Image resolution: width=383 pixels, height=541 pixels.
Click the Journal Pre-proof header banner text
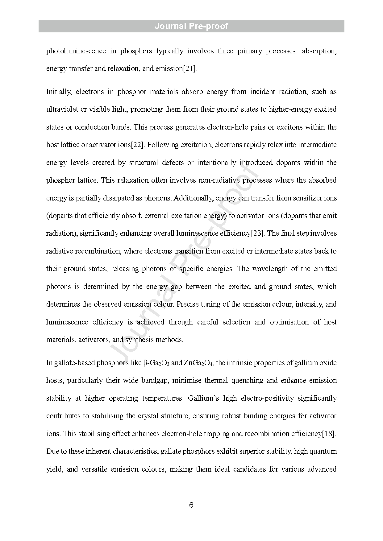click(191, 26)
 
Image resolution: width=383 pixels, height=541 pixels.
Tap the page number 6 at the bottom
click(191, 505)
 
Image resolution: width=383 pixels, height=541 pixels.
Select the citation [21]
click(190, 68)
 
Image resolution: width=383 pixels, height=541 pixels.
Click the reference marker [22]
click(138, 145)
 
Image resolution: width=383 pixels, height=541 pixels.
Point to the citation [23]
click(258, 233)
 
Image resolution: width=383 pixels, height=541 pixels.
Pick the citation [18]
click(328, 434)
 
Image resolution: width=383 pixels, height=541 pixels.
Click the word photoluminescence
click(76, 51)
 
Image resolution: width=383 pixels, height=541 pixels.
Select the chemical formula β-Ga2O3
click(156, 363)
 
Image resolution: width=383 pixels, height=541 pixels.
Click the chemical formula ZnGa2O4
click(198, 363)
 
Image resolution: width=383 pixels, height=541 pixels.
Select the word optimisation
click(289, 322)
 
